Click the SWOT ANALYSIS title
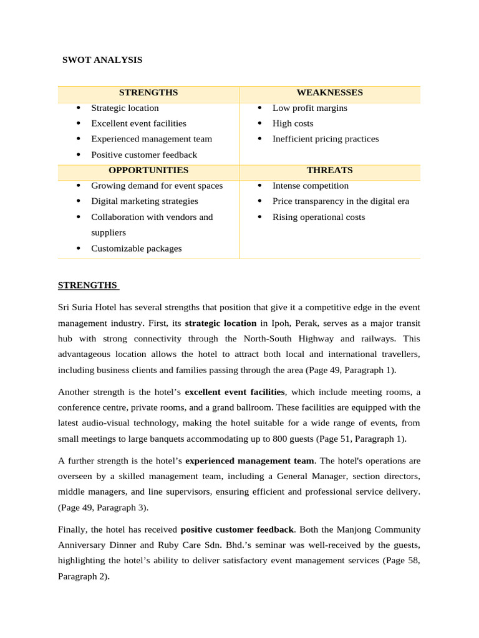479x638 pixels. [102, 60]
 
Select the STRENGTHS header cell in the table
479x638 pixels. [148, 92]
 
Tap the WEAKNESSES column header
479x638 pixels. [329, 92]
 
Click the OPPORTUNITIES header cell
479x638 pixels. [148, 170]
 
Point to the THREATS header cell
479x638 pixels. [329, 170]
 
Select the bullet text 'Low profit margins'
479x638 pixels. [309, 108]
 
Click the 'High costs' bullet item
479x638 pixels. [293, 123]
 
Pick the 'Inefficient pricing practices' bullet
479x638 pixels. [325, 139]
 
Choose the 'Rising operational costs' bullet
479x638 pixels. [318, 217]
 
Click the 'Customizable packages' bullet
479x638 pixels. [136, 249]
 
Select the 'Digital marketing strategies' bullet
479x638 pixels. [144, 201]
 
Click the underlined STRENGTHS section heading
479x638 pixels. [87, 285]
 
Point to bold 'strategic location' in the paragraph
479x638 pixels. [221, 323]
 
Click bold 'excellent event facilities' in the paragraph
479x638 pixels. [235, 392]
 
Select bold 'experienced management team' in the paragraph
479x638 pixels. [249, 461]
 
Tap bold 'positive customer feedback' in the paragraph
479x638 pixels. [236, 530]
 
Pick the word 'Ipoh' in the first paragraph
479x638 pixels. [278, 323]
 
